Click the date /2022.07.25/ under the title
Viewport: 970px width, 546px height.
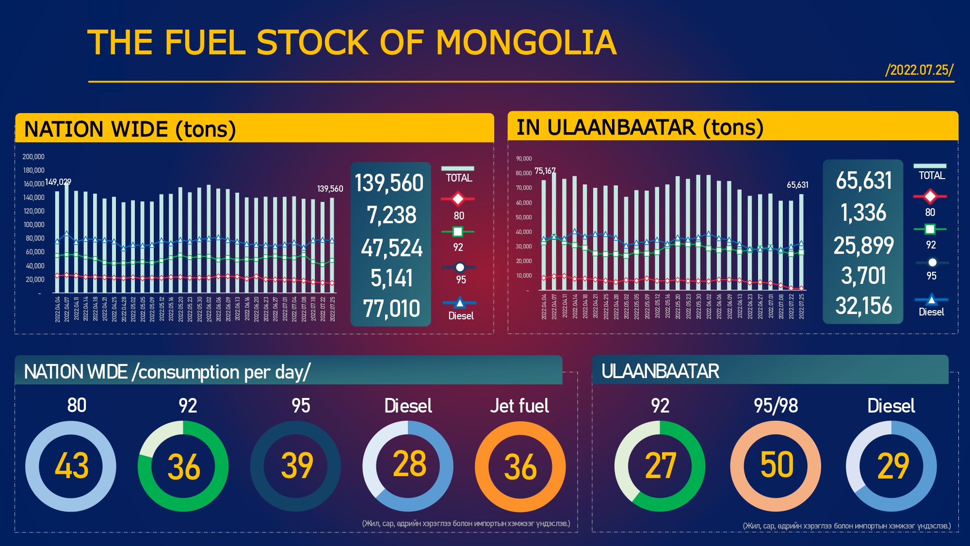click(919, 70)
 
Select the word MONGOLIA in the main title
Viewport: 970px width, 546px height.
click(526, 43)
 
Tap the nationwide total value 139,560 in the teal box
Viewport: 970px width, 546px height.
click(389, 183)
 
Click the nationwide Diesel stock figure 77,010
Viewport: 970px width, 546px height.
click(391, 309)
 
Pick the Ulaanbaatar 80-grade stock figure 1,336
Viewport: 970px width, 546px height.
click(863, 213)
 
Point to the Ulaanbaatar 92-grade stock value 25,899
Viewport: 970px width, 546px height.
click(863, 245)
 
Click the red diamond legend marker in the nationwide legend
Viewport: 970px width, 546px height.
click(458, 199)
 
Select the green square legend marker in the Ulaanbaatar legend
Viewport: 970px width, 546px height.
click(930, 229)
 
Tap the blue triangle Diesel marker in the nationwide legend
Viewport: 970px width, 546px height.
click(459, 303)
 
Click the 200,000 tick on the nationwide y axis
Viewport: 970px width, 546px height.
click(33, 157)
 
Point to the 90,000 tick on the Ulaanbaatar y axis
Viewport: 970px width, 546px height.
click(524, 159)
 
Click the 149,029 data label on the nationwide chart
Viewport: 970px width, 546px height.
click(58, 182)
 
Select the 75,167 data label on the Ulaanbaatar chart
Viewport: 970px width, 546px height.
click(545, 171)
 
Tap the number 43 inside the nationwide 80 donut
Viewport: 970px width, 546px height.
click(71, 466)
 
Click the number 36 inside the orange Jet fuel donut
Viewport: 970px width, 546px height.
click(520, 467)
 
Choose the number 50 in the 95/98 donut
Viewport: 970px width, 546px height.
click(776, 465)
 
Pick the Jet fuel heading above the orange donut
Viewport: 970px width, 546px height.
click(519, 406)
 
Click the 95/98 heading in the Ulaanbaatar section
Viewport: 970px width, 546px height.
click(776, 406)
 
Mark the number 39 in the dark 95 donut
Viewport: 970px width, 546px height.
click(297, 466)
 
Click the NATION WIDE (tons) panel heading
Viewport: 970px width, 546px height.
click(130, 130)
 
